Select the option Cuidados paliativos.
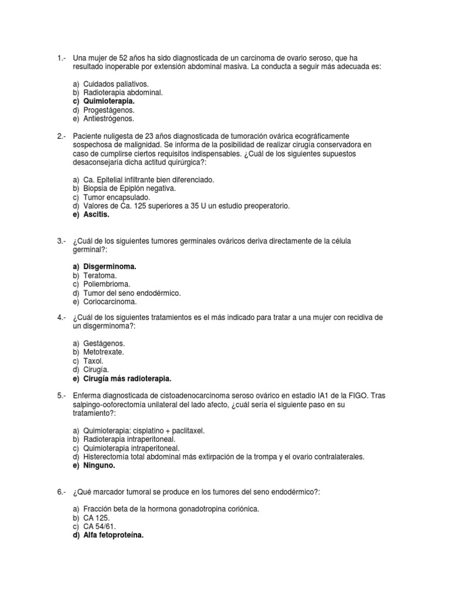(x=116, y=84)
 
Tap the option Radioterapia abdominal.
(x=123, y=93)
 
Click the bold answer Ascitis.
(x=96, y=214)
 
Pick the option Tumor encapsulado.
(x=117, y=197)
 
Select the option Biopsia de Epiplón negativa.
(x=129, y=189)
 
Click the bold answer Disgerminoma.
(x=110, y=267)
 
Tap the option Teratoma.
(x=100, y=275)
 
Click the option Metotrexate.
(x=104, y=352)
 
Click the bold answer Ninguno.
(x=99, y=466)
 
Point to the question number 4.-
(x=63, y=317)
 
